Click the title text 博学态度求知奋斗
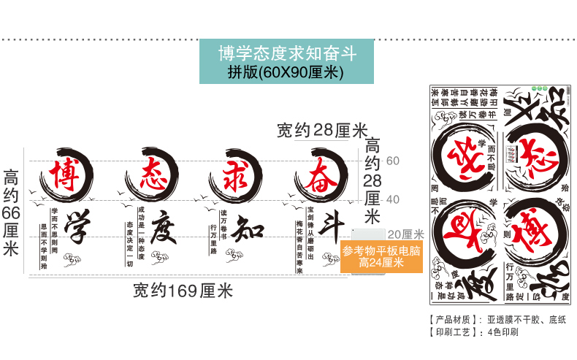(286, 53)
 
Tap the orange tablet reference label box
(381, 256)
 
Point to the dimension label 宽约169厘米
(183, 291)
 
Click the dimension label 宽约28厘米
(322, 131)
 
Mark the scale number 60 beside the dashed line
(392, 160)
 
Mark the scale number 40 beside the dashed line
(392, 199)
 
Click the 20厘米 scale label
(405, 234)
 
